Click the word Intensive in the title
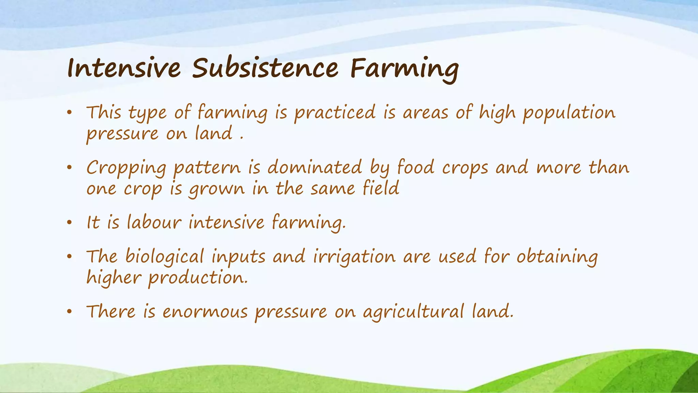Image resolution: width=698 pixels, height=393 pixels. point(124,68)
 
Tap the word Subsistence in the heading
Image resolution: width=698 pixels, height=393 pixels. point(265,68)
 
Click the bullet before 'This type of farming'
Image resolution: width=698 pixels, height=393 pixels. point(70,113)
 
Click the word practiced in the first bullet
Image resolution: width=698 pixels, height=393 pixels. point(335,113)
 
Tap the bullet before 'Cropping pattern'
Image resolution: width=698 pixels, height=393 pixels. point(70,168)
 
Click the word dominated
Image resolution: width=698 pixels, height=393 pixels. point(314,167)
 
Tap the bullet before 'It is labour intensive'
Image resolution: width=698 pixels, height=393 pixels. point(70,223)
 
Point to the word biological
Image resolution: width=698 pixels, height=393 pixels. point(165,257)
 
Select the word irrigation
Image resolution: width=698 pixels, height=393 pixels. point(354,257)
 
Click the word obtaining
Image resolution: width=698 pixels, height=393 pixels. point(557,257)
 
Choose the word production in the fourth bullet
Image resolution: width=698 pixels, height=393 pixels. point(197,278)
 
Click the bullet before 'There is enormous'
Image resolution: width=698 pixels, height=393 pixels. point(70,311)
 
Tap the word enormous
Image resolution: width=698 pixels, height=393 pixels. point(205,311)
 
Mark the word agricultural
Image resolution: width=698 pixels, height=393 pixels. point(413,312)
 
